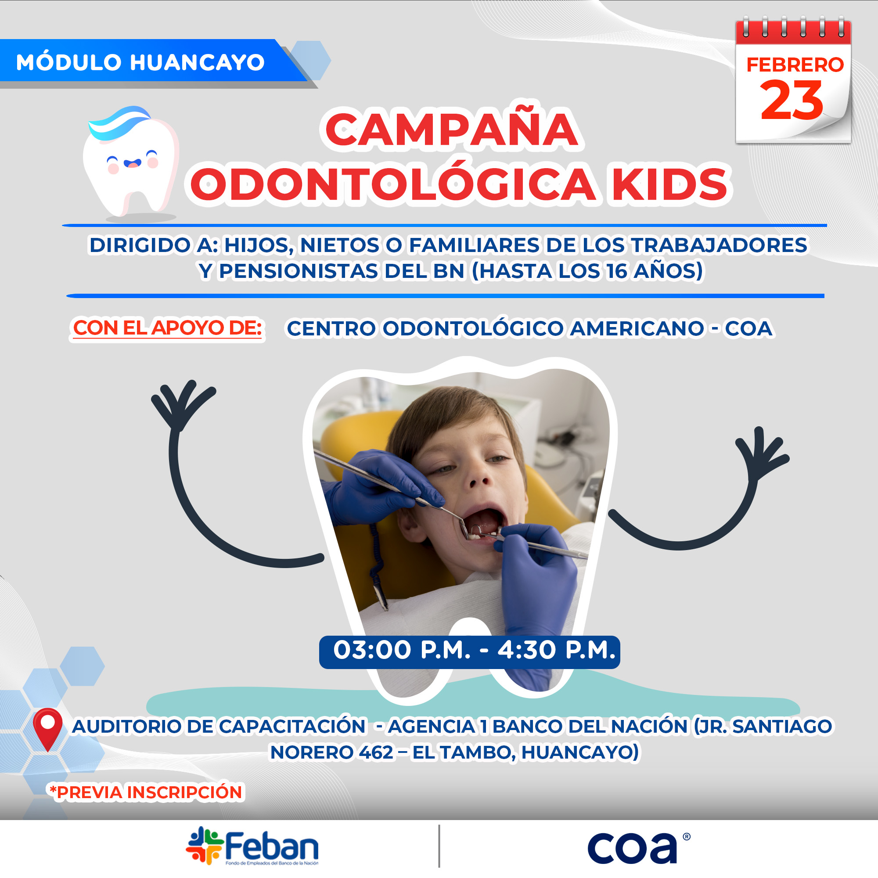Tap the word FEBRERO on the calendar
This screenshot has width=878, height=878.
(x=795, y=65)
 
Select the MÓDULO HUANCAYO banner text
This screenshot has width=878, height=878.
(x=140, y=62)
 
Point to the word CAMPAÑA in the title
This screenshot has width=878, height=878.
(x=452, y=130)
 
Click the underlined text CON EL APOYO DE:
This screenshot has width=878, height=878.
(x=167, y=327)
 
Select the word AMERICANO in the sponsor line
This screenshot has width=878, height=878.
(x=637, y=328)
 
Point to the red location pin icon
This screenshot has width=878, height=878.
(x=48, y=729)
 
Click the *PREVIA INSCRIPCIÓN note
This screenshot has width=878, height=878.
(x=146, y=792)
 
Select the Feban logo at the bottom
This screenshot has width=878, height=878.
(x=252, y=847)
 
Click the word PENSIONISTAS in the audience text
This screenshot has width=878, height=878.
(x=299, y=271)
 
